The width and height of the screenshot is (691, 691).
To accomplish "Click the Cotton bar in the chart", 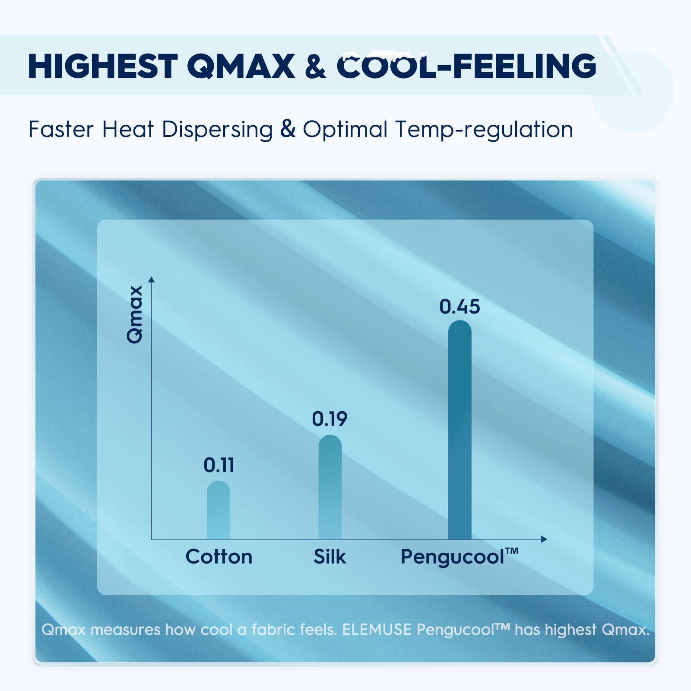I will tap(219, 510).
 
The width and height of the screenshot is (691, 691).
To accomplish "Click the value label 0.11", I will tap(219, 465).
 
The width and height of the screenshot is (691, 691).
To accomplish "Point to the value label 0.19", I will tap(330, 419).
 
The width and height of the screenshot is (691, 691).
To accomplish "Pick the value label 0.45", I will tap(460, 307).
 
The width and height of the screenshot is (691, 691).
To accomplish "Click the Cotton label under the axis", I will tap(219, 557).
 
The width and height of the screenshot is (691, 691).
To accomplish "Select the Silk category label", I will tap(330, 557).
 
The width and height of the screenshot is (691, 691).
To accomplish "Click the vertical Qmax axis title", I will tap(135, 314).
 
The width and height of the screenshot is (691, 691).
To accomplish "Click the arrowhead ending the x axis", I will tap(544, 539).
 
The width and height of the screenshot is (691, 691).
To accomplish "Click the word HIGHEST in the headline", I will tap(103, 66).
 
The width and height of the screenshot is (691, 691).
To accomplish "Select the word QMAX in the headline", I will tap(241, 66).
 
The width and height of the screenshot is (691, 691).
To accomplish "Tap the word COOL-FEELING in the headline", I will tap(466, 66).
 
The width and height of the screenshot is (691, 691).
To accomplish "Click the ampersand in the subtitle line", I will tap(288, 129).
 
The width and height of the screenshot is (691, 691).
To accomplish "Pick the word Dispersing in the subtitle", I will tap(217, 130).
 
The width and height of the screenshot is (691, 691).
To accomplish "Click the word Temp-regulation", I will tap(484, 130).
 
